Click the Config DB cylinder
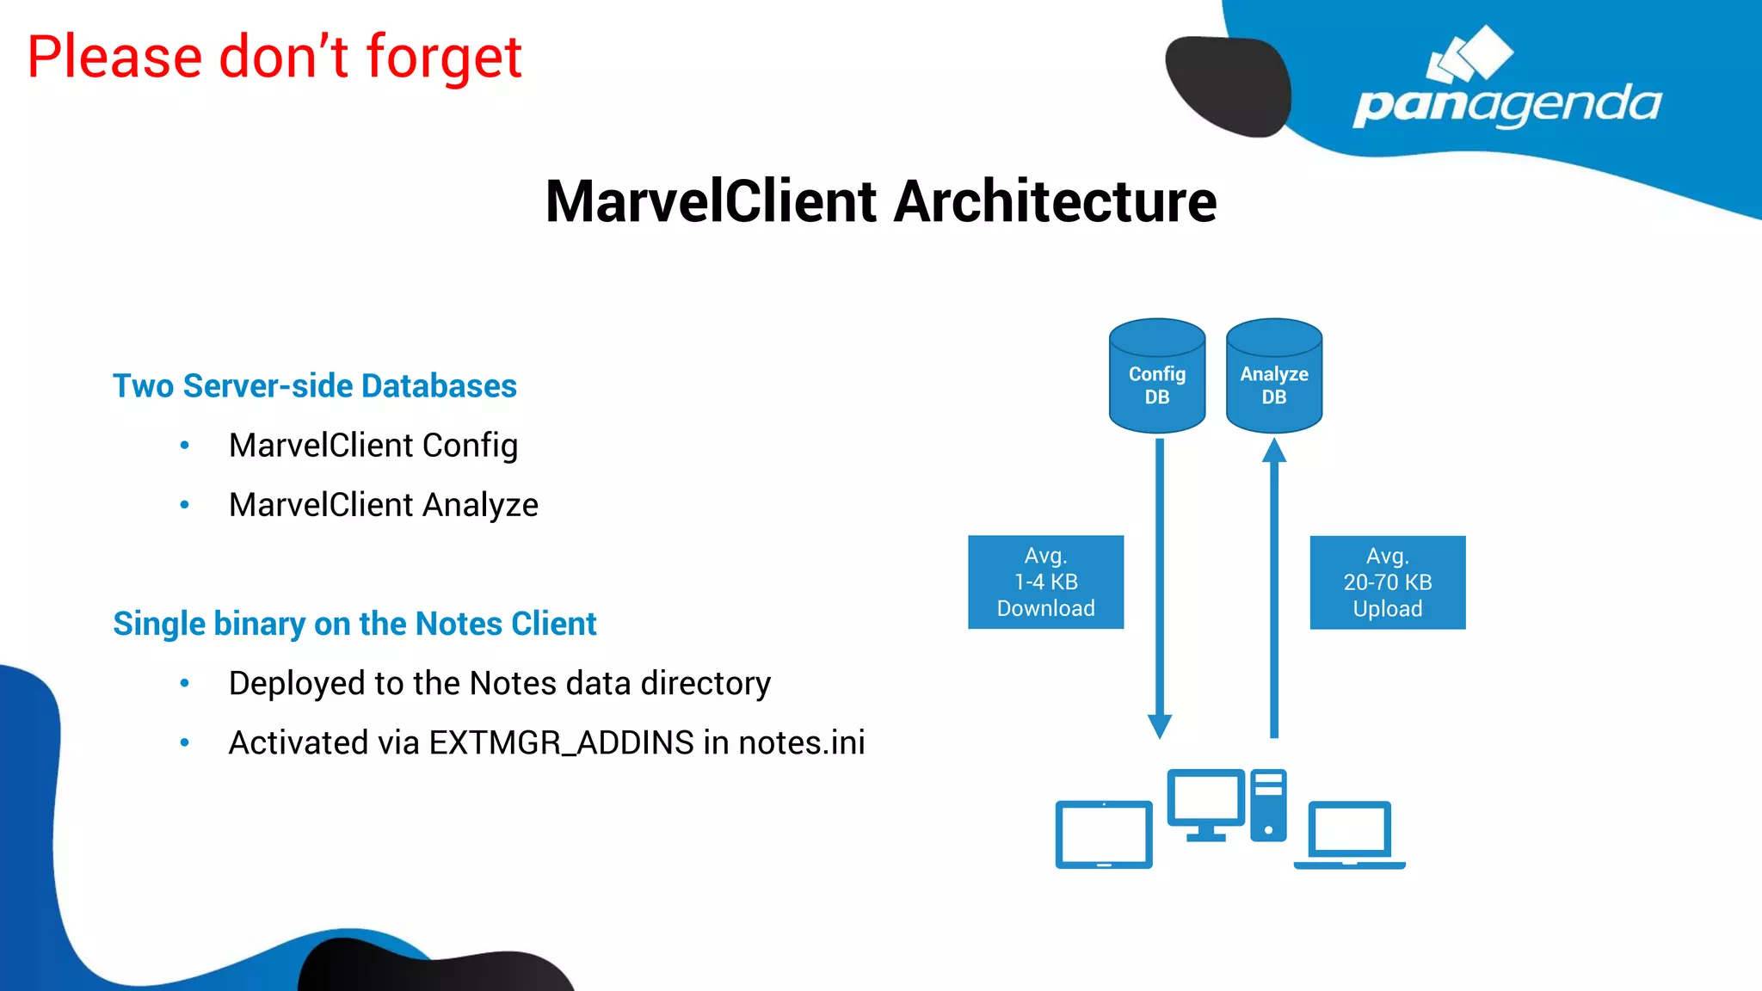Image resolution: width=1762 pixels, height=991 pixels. click(1156, 377)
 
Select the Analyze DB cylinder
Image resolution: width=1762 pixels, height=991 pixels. click(1273, 377)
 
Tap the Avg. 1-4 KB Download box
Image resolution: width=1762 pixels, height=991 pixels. click(1045, 582)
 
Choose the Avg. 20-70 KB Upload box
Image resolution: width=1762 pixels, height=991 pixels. click(1387, 582)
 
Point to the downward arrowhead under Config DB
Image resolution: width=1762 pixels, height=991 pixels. click(1160, 725)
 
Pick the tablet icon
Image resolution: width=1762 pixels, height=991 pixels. click(1104, 834)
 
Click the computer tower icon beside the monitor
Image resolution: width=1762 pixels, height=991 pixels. click(1268, 805)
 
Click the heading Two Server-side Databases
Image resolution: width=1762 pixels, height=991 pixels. click(315, 386)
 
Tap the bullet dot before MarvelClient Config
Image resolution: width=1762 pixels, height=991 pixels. click(184, 446)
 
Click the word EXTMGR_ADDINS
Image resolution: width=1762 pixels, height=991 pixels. click(561, 743)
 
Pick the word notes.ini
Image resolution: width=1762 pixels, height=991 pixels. click(801, 743)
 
